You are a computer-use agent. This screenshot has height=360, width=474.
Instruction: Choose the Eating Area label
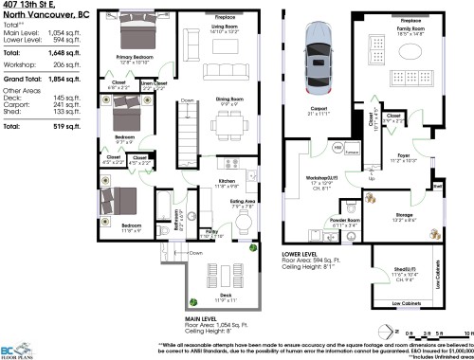pos(240,201)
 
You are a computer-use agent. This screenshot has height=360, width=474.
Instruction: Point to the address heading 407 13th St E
pos(28,7)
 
